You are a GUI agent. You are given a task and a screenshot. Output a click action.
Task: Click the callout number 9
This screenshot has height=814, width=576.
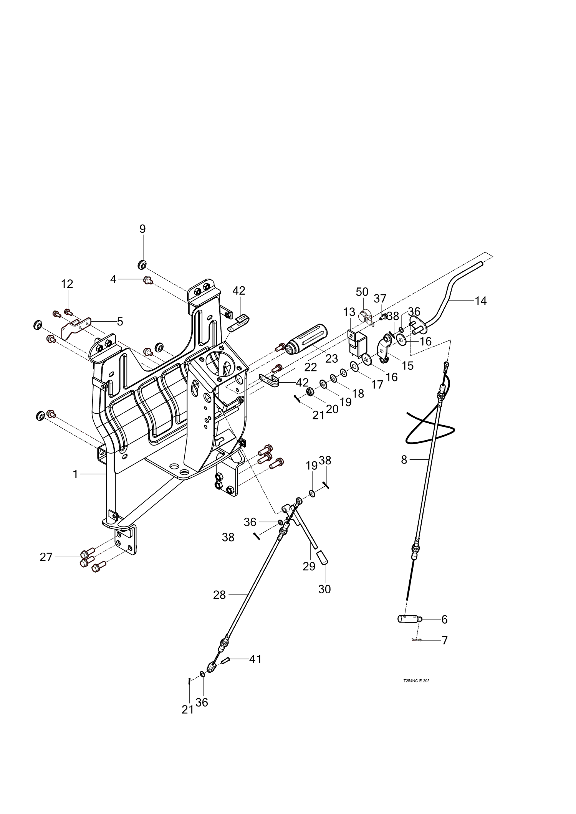pos(142,229)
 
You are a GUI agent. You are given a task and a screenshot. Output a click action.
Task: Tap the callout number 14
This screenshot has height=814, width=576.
pos(480,301)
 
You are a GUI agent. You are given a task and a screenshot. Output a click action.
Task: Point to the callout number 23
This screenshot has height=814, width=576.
pos(331,358)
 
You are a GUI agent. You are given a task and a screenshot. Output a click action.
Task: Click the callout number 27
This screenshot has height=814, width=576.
pos(46,557)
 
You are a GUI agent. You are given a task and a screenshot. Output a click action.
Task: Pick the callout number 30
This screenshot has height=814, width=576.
pos(324,589)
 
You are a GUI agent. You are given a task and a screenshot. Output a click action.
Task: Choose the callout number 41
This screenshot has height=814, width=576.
pos(255,659)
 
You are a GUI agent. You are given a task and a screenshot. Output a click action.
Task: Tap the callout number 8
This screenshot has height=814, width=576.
pos(404,460)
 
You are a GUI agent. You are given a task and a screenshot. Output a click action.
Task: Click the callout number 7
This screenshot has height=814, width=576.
pos(445,641)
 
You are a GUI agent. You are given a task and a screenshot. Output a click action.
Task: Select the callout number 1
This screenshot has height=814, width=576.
pos(76,475)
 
